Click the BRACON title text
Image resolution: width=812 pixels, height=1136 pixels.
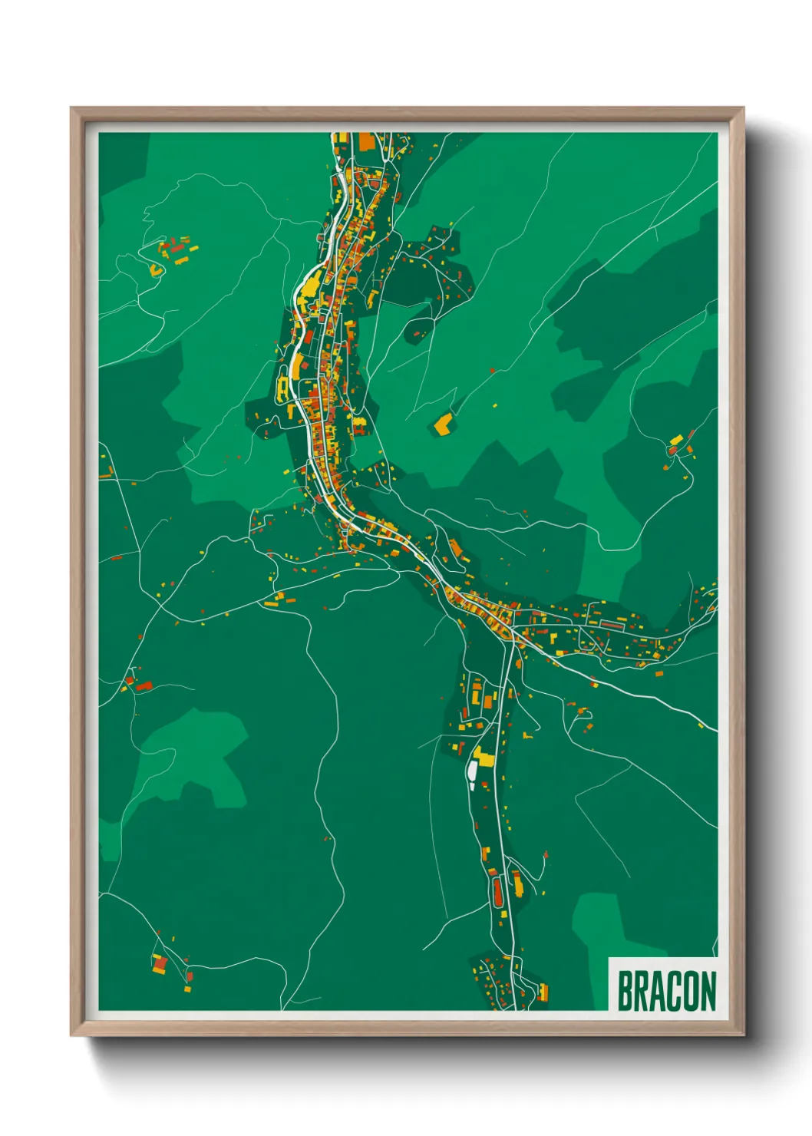[x=666, y=991]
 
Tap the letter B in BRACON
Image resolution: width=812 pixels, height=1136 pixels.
[x=625, y=991]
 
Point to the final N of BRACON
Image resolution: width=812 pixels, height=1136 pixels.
[x=708, y=991]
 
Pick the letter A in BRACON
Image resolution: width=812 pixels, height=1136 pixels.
[x=658, y=991]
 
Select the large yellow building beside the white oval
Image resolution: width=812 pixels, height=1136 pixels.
[x=484, y=756]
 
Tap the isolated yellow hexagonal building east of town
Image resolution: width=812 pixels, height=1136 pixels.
[x=443, y=423]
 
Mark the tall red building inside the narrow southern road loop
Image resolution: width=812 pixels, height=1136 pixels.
[x=497, y=890]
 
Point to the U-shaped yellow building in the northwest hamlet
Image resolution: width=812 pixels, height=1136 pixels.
[x=157, y=270]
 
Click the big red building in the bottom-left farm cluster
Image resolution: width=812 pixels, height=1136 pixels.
[x=160, y=963]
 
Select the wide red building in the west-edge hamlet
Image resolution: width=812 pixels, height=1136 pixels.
[x=144, y=685]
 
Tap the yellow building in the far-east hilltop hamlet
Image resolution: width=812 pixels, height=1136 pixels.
[x=676, y=440]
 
